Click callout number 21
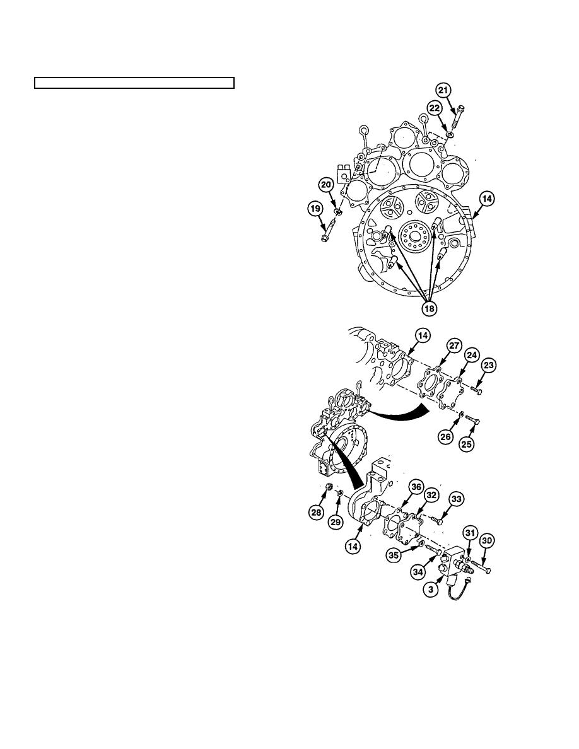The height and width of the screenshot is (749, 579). [x=444, y=90]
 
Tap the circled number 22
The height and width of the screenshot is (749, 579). [x=435, y=108]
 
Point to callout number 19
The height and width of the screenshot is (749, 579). [x=314, y=209]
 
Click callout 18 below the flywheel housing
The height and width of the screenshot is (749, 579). [x=430, y=308]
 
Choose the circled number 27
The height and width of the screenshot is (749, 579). [x=453, y=346]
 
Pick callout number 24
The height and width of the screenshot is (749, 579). [x=472, y=356]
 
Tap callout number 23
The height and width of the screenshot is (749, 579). [x=488, y=366]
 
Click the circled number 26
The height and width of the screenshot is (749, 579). [x=446, y=436]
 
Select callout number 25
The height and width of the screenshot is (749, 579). [x=467, y=444]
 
